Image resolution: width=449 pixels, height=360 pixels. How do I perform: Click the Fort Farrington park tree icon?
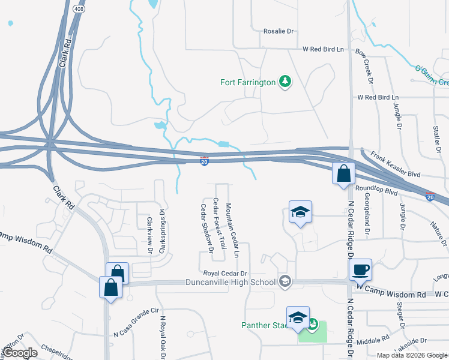pos(286,82)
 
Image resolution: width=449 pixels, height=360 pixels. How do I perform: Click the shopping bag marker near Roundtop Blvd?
pos(343,175)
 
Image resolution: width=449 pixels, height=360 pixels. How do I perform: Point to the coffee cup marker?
pos(360,269)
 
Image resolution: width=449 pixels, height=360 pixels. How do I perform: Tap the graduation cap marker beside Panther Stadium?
pos(298,318)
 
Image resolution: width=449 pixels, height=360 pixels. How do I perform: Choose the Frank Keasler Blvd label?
pos(396,164)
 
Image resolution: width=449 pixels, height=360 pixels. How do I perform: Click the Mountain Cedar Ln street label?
pos(232,230)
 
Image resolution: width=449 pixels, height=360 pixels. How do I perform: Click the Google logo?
pos(20,353)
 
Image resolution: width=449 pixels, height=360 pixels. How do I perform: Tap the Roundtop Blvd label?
pos(376,191)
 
